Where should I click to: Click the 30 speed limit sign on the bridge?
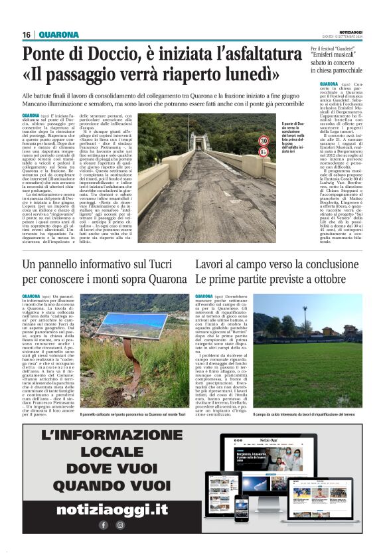click(x=264, y=141)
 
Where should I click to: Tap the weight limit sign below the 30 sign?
click(x=264, y=152)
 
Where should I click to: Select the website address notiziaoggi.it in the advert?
click(x=112, y=509)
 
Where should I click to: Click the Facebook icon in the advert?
click(x=104, y=524)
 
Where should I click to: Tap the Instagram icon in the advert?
click(x=120, y=524)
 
